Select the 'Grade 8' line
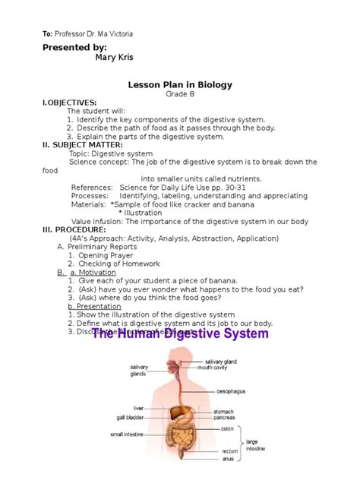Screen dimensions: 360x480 (x=180, y=93)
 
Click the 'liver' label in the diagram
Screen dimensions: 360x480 (x=139, y=408)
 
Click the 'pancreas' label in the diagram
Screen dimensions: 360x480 (x=224, y=418)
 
